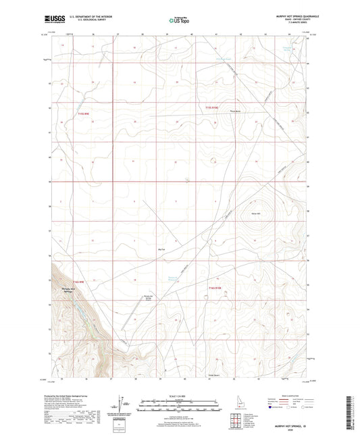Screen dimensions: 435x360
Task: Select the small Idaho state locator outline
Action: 238,401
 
